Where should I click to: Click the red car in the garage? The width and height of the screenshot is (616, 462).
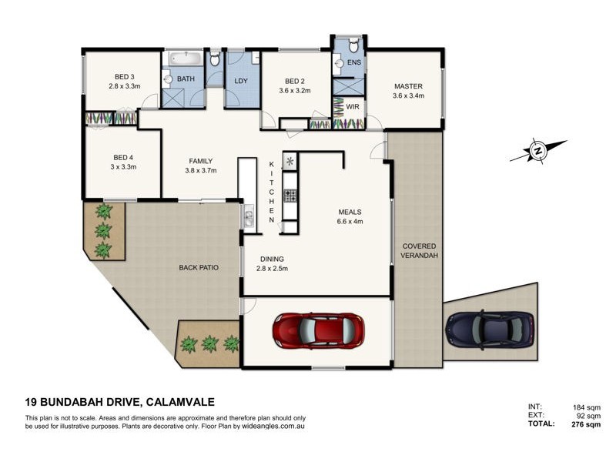tap(317, 330)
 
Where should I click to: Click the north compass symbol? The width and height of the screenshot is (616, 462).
tap(537, 150)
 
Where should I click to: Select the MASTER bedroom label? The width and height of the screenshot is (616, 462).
tap(408, 86)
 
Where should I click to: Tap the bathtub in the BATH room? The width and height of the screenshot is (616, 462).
tap(185, 59)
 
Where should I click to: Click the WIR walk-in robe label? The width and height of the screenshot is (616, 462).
tap(353, 106)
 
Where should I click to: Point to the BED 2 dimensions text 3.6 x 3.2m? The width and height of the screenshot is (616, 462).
tap(295, 90)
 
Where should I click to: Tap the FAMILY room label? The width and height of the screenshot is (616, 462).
tap(200, 161)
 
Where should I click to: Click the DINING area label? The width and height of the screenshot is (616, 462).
tap(272, 259)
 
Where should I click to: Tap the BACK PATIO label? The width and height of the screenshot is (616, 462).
tap(199, 268)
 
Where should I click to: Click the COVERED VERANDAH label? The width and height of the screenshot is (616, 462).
tap(419, 251)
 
